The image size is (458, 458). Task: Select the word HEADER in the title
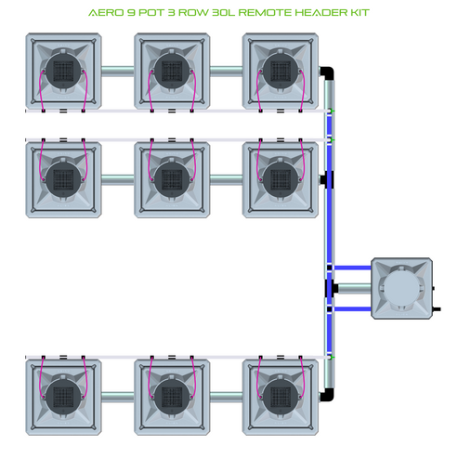327,15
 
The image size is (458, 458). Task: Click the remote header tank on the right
402,288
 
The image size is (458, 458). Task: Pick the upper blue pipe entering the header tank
353,268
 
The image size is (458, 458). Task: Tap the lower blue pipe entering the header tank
353,308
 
